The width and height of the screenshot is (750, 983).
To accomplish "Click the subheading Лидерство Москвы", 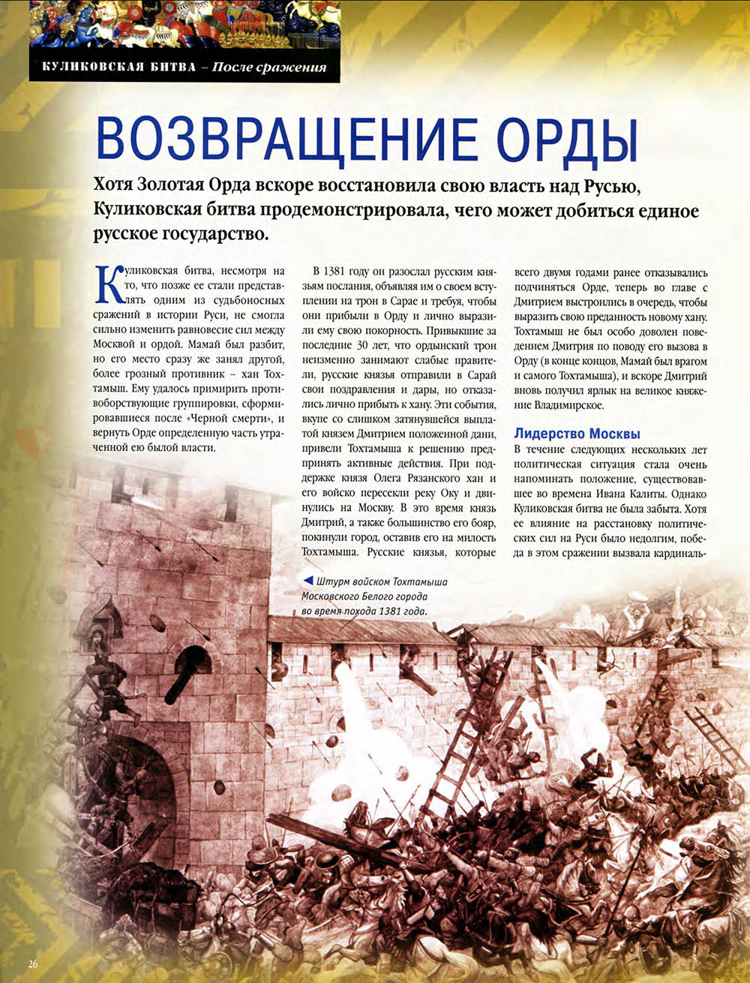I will pyautogui.click(x=577, y=434).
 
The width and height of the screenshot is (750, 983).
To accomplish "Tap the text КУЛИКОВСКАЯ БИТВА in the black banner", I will pyautogui.click(x=114, y=67).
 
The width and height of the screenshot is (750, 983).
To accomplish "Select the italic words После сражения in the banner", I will pyautogui.click(x=269, y=67).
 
